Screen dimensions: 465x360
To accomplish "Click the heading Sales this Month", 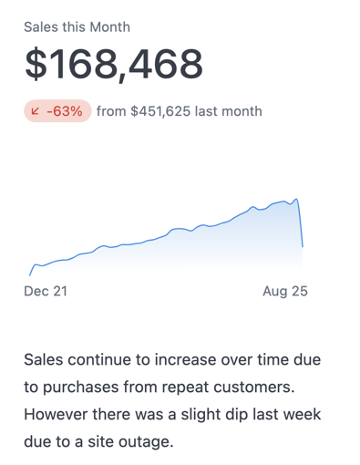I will tap(77, 27).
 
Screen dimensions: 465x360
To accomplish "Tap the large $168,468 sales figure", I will tap(113, 65).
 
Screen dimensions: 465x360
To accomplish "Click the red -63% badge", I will tap(57, 111).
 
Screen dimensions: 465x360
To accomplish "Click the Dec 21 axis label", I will tap(46, 292).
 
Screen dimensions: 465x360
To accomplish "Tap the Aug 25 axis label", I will tap(285, 292).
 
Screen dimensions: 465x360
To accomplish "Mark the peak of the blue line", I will tap(296, 199).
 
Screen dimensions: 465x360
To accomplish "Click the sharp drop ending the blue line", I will tap(301, 223).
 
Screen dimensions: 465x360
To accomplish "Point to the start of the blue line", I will tap(30, 274).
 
